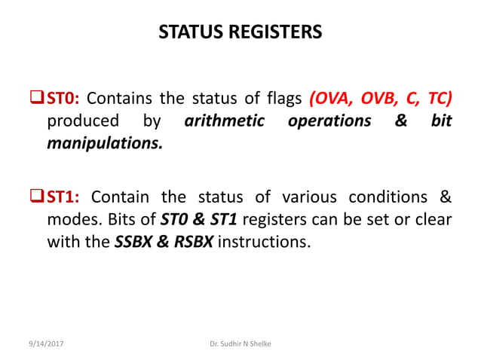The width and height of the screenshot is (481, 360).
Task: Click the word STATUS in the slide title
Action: pos(189,32)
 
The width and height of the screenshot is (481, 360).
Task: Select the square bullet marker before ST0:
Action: pos(38,99)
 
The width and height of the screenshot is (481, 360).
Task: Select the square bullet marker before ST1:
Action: pos(38,197)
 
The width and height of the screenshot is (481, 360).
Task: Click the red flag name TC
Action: pos(439,99)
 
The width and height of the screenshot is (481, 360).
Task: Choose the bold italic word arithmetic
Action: pos(225,121)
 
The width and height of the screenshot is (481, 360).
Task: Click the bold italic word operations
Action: pos(329,121)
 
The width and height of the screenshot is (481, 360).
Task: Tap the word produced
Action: pos(83,121)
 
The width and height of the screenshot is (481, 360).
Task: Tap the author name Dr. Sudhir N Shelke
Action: pos(240,343)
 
